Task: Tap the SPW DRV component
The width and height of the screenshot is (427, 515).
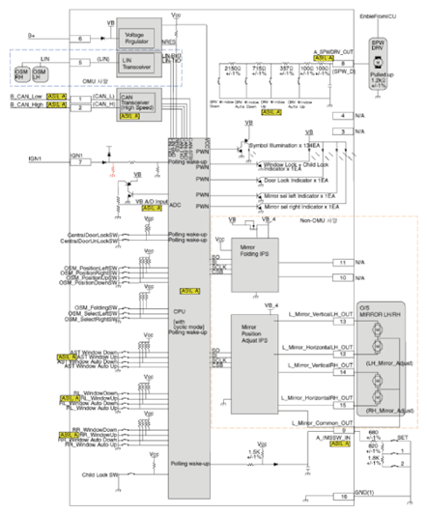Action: coord(378,47)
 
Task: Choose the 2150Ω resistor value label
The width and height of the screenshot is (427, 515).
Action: coord(233,69)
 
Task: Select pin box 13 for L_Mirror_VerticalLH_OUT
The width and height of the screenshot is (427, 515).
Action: coord(343,322)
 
